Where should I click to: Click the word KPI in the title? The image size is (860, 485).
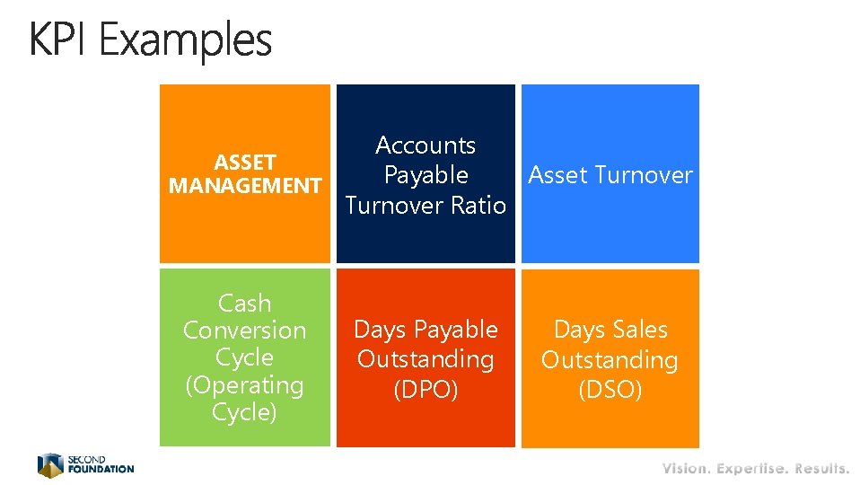click(60, 40)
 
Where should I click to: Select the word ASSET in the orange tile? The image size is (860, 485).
click(244, 163)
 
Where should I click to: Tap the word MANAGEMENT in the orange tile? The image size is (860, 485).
click(244, 186)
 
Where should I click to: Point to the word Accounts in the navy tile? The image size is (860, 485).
click(426, 145)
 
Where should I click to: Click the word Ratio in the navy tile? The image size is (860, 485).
click(478, 205)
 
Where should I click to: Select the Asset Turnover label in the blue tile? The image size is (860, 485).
click(610, 175)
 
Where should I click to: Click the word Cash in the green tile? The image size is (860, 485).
click(244, 303)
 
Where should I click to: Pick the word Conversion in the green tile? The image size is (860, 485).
click(244, 331)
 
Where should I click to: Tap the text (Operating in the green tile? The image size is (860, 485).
click(244, 385)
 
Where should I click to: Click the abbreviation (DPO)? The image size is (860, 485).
click(426, 391)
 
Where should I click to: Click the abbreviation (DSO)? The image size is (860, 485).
click(610, 391)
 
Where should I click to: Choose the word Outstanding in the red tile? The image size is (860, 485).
click(426, 359)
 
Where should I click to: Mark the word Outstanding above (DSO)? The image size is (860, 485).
click(610, 360)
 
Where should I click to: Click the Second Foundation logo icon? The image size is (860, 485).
click(50, 464)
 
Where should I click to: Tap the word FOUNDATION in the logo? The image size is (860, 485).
click(101, 469)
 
